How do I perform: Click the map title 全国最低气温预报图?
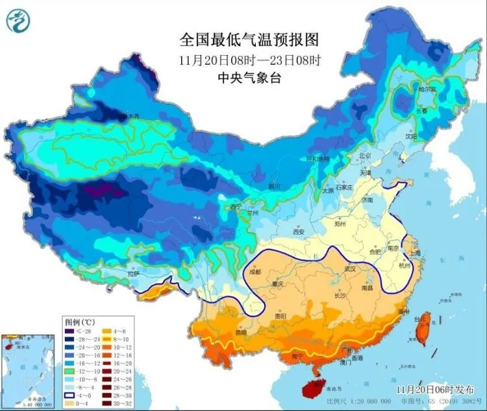pyautogui.click(x=250, y=40)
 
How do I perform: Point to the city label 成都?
pyautogui.click(x=254, y=272)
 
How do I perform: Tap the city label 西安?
pyautogui.click(x=298, y=231)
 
